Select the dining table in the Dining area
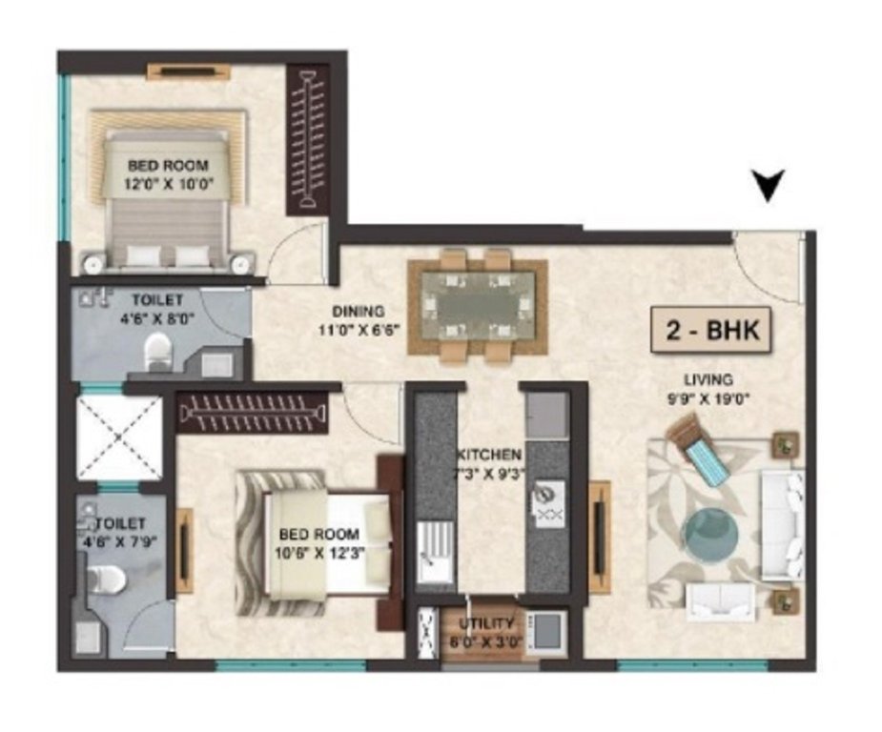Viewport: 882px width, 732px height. pyautogui.click(x=477, y=307)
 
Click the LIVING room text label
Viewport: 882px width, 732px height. pyautogui.click(x=716, y=379)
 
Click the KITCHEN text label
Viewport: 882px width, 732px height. pyautogui.click(x=487, y=455)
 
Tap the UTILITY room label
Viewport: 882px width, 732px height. pyautogui.click(x=486, y=623)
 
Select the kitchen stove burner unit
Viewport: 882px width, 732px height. pyautogui.click(x=547, y=504)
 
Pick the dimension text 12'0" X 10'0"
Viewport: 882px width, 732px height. pyautogui.click(x=168, y=183)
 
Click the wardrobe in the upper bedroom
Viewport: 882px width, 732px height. pyautogui.click(x=308, y=140)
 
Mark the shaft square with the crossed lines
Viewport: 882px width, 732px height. pyautogui.click(x=119, y=437)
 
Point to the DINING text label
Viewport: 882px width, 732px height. pyautogui.click(x=358, y=312)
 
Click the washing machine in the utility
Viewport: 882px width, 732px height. pyautogui.click(x=546, y=630)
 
